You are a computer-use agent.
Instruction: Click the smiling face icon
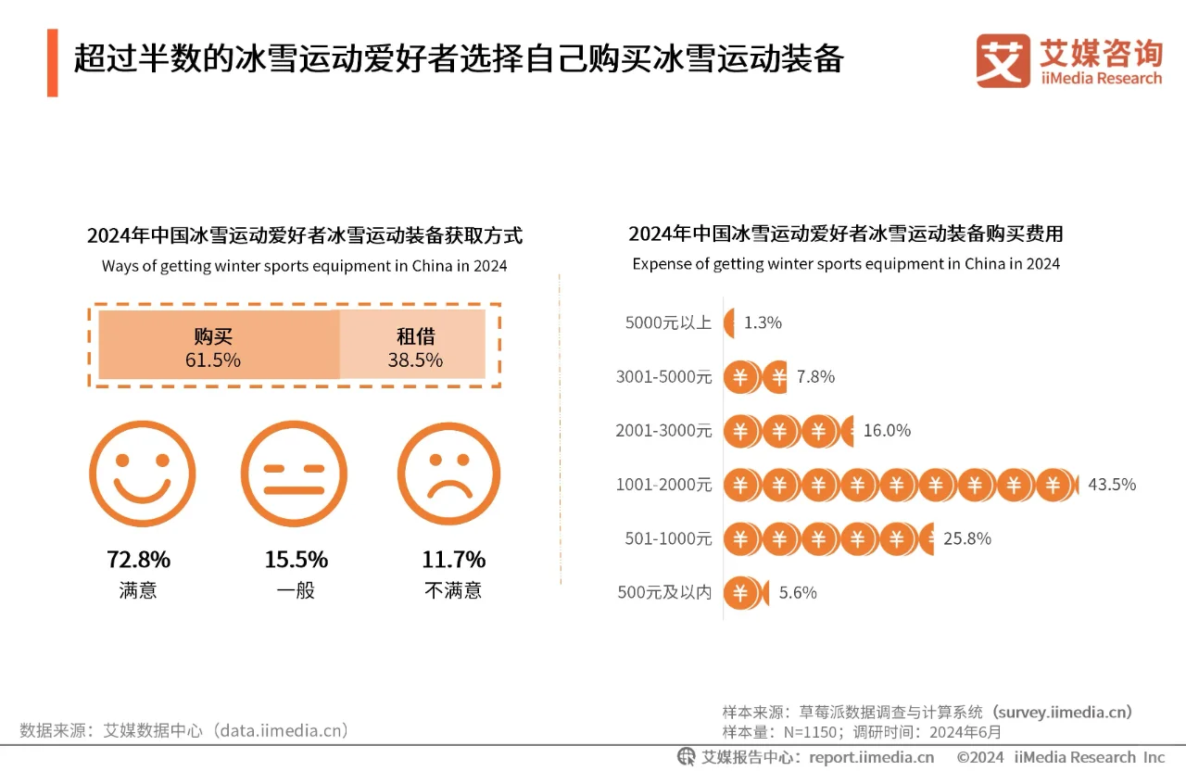tap(142, 474)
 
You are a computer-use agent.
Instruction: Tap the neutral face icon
tap(294, 474)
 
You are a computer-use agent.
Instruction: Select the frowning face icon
tap(448, 474)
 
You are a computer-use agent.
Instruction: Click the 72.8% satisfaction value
tap(139, 560)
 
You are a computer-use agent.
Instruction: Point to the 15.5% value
tap(296, 560)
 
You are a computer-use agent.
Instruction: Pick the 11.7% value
tap(453, 560)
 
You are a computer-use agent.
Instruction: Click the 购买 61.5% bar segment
tap(219, 346)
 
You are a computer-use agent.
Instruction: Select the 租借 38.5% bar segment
tap(413, 346)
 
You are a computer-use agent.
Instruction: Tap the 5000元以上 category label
tap(668, 322)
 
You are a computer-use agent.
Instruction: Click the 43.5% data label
tap(1111, 485)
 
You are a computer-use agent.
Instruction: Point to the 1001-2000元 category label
tap(663, 485)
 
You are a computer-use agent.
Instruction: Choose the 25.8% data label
tap(966, 538)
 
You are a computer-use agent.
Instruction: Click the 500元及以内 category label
tap(664, 592)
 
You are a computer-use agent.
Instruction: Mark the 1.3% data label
tap(763, 322)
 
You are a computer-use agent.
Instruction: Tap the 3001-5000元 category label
tap(663, 376)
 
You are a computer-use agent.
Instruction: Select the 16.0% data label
tap(887, 430)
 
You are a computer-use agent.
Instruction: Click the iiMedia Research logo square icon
tap(1003, 61)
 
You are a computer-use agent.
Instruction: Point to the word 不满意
tap(453, 590)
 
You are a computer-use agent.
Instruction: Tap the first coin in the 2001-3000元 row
tap(740, 431)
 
